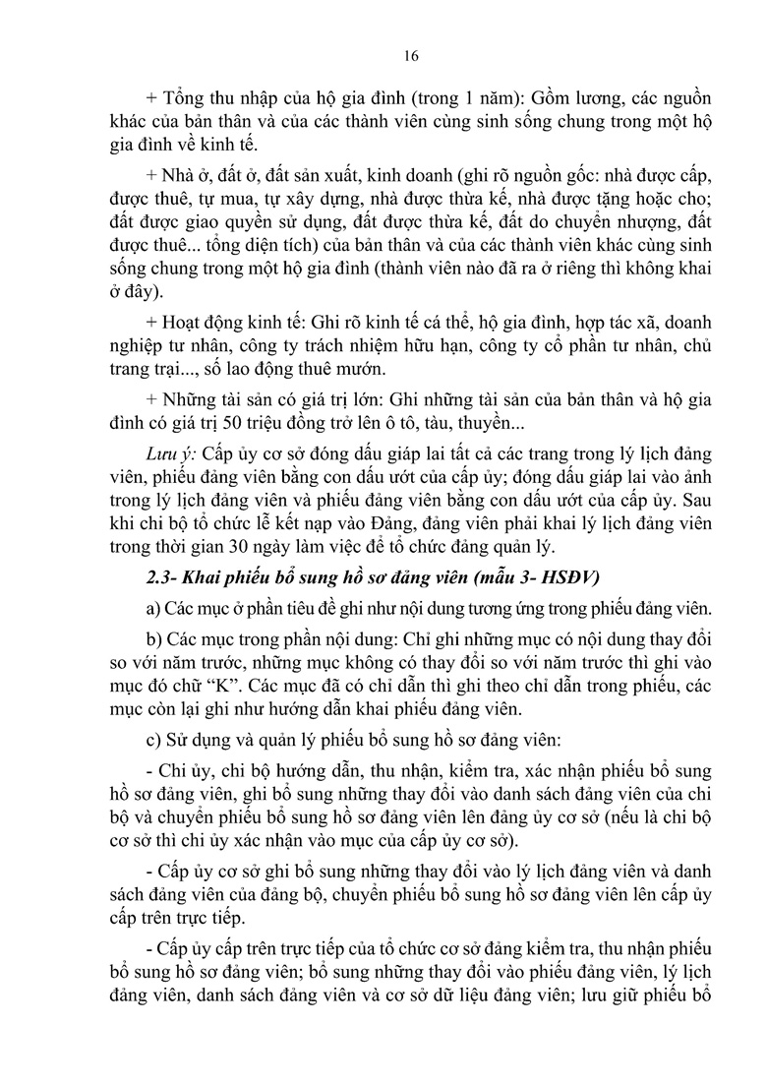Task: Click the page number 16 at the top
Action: coord(411,56)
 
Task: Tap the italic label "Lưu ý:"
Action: coord(168,451)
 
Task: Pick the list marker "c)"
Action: coord(152,732)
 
